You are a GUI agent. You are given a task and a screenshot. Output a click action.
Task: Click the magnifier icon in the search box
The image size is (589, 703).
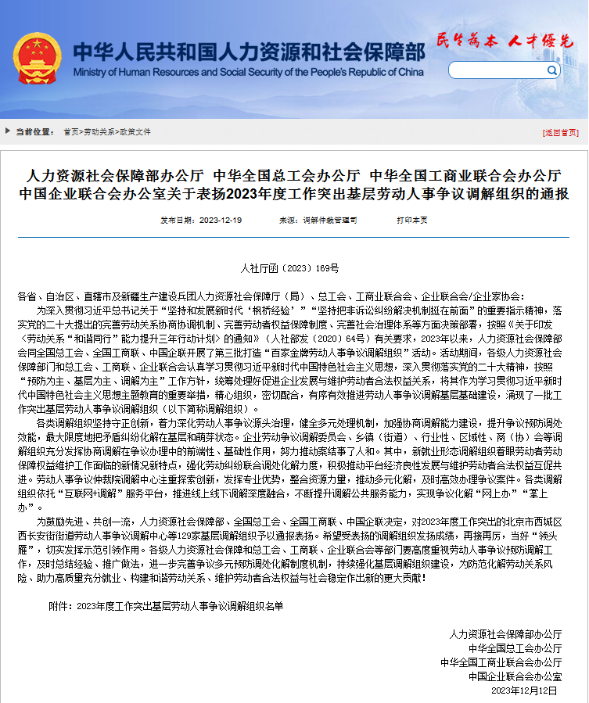pyautogui.click(x=552, y=70)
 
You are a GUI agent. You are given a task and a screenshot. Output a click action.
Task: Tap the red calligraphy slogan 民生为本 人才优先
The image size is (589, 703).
pyautogui.click(x=505, y=41)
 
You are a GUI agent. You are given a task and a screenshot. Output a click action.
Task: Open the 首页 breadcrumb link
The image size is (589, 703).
pyautogui.click(x=71, y=132)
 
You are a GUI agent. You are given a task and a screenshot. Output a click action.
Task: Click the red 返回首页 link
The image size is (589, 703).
pyautogui.click(x=561, y=132)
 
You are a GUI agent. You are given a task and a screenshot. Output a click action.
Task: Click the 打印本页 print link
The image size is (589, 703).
pyautogui.click(x=411, y=221)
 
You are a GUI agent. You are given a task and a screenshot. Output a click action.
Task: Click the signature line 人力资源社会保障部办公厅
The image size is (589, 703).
pyautogui.click(x=505, y=633)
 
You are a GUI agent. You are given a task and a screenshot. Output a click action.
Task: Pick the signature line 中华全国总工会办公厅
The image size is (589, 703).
pyautogui.click(x=515, y=648)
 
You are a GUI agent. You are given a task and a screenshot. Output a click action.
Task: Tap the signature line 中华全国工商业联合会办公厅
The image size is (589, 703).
pyautogui.click(x=501, y=662)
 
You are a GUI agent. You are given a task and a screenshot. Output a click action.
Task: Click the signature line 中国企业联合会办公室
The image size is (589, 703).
pyautogui.click(x=515, y=676)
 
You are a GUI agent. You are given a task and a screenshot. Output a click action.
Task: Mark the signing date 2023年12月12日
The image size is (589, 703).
pyautogui.click(x=525, y=691)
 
